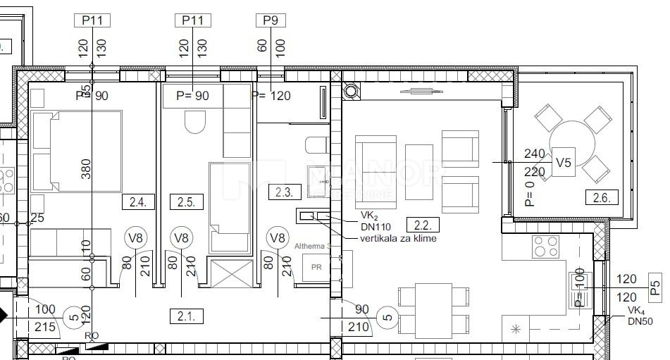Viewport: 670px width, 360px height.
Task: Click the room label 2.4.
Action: point(137,203)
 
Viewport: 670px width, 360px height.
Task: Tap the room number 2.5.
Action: point(185,203)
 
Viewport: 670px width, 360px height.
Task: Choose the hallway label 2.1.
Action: point(185,316)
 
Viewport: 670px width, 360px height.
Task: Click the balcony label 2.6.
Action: point(601,198)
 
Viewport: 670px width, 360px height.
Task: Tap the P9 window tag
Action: point(270,20)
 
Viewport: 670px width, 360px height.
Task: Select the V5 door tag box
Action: point(563,163)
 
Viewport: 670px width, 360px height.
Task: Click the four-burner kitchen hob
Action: point(545,247)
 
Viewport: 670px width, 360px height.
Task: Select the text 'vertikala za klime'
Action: point(398,239)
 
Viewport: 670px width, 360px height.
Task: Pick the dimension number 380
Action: point(86,168)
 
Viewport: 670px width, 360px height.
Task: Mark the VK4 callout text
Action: point(639,311)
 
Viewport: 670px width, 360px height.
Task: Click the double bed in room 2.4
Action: point(76,151)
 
